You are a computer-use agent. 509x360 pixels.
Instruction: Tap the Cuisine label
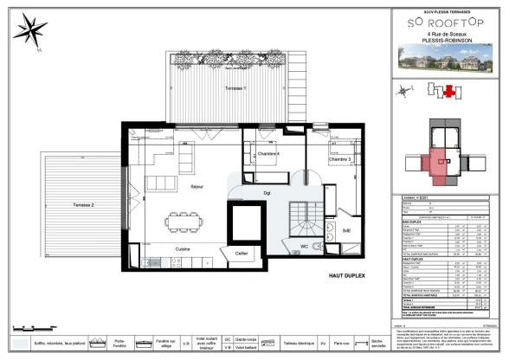[x=184, y=248]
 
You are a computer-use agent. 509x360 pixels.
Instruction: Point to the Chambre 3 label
[x=339, y=159]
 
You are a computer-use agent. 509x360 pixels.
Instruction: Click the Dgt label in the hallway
[x=267, y=192]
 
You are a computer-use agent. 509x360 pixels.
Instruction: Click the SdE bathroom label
[x=346, y=230]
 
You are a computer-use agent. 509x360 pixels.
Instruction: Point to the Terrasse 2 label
[x=83, y=204]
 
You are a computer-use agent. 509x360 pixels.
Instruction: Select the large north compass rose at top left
[x=33, y=31]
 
